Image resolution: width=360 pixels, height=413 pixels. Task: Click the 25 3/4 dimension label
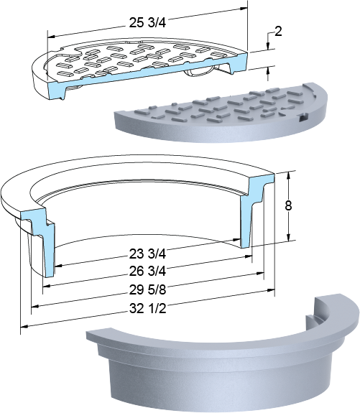point(147,23)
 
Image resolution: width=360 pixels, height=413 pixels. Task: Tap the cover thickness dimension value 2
point(278,32)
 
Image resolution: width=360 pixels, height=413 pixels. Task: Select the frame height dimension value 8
point(289,205)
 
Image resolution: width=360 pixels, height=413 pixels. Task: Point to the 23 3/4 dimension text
point(147,254)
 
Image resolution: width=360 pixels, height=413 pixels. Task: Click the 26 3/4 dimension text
point(147,272)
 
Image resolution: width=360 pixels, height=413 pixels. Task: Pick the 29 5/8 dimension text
point(147,289)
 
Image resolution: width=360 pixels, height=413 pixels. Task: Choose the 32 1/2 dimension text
point(147,308)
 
